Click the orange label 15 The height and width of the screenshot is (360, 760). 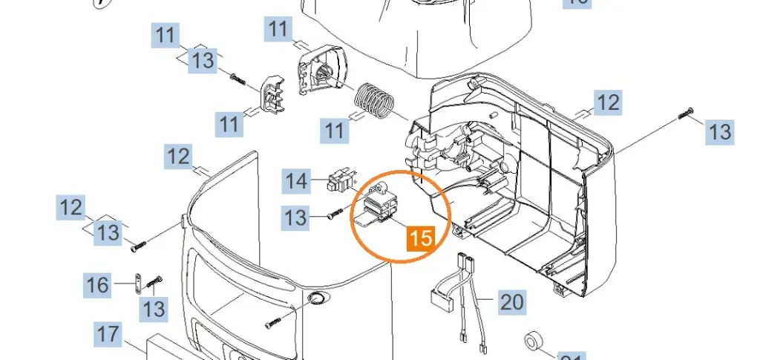421,238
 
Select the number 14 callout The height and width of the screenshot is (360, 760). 297,180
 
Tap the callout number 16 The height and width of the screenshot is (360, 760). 97,284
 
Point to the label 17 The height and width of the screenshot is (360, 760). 108,334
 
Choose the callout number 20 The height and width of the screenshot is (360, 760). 511,302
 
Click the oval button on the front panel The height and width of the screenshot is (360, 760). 318,298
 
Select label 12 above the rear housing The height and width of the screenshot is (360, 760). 608,102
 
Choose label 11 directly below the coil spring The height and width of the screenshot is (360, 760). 335,131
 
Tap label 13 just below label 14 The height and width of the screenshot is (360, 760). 295,217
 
